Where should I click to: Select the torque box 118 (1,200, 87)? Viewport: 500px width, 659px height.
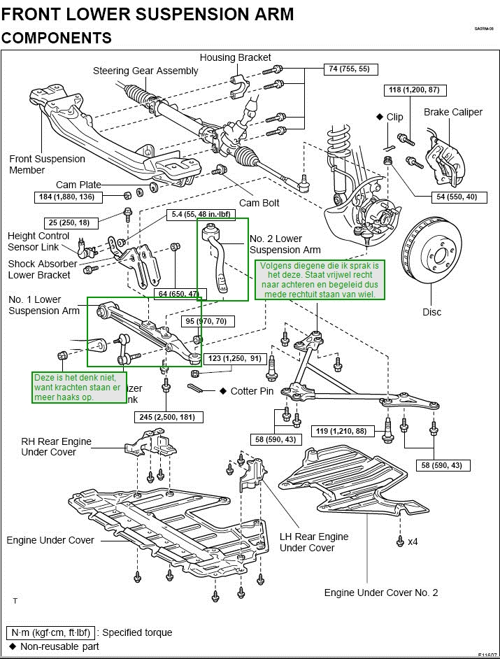414,90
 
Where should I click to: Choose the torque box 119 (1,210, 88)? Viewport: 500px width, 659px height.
341,431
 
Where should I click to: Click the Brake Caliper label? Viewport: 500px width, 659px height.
452,112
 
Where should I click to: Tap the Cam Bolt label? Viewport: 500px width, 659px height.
259,203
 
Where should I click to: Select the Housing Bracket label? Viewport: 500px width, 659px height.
235,57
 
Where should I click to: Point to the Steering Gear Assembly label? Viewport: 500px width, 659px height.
145,71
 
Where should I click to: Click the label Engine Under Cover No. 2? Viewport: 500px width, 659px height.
381,593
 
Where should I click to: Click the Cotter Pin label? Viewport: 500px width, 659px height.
252,391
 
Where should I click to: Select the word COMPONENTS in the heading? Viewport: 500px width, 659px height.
57,38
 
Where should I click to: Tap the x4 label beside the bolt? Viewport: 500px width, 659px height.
413,541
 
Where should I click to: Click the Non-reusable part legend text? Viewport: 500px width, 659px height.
59,646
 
